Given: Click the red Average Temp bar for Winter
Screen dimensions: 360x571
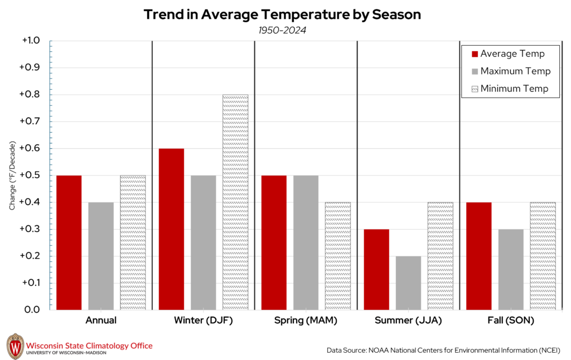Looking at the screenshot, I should pos(171,229).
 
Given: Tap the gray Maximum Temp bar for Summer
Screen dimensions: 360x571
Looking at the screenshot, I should pos(408,283).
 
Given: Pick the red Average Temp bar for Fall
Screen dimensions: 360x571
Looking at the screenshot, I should pos(479,256).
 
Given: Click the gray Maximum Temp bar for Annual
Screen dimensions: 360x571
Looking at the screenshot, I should pos(101,256).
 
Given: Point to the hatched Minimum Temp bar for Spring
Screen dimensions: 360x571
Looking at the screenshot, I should pos(338,256).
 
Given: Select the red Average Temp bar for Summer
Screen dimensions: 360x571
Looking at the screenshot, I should pos(376,269).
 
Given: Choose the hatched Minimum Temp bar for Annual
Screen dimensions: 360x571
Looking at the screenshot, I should pos(133,242).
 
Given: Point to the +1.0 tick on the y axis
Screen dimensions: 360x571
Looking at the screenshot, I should pos(31,41).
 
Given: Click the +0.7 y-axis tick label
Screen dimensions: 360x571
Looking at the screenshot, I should pos(31,121).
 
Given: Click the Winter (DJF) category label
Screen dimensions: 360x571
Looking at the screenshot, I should pos(203,321).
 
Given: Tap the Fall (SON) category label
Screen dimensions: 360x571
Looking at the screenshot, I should pos(511,321).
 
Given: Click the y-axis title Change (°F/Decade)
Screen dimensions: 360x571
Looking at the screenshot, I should pos(12,176).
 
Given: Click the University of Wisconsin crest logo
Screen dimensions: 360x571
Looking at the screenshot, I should pos(15,346).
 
